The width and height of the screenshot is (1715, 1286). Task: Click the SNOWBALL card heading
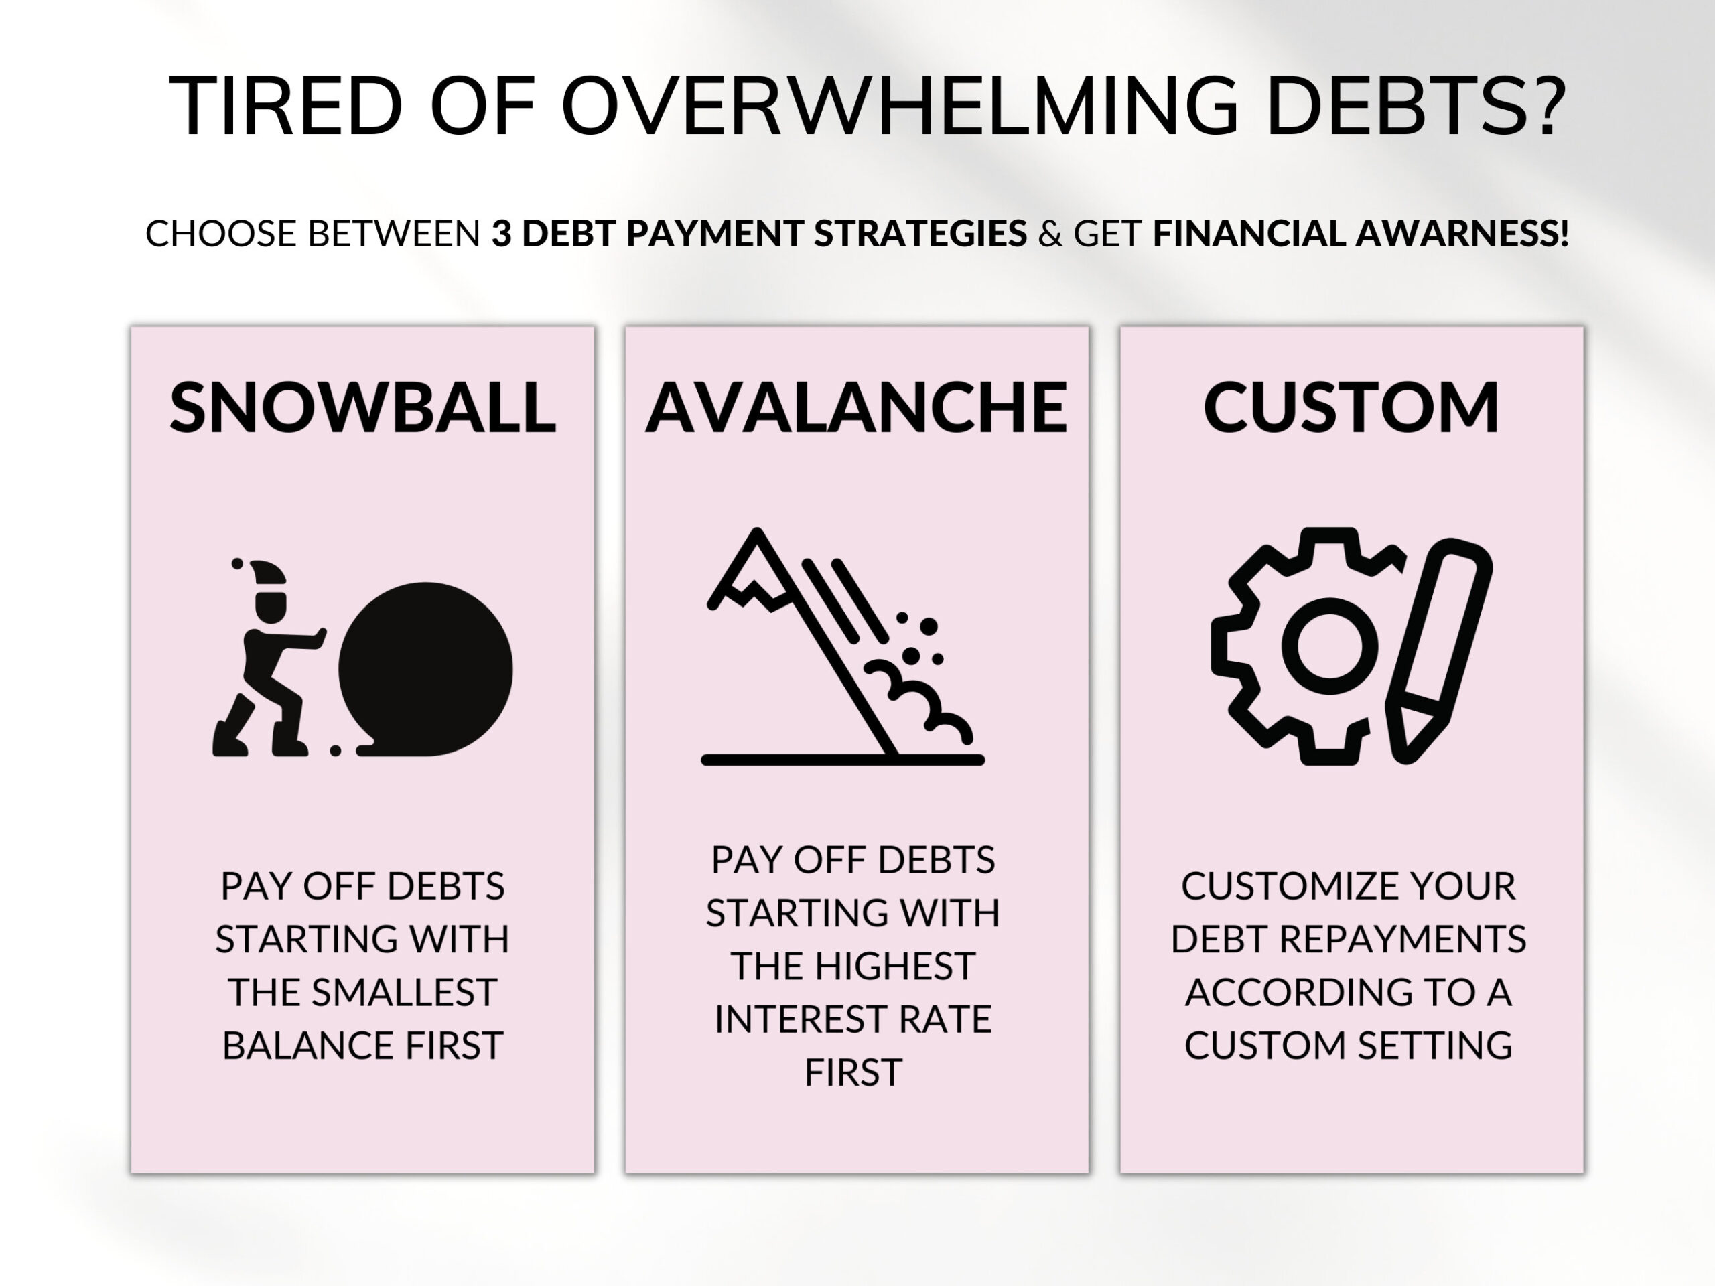[362, 408]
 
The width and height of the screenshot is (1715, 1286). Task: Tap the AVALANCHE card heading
[856, 408]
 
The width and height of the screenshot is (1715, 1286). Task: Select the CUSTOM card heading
[1351, 408]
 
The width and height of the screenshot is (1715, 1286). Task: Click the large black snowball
[425, 669]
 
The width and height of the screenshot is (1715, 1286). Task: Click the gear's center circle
[1330, 646]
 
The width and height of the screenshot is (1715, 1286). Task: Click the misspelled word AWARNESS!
[1462, 233]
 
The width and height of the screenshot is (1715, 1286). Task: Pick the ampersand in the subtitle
[1050, 233]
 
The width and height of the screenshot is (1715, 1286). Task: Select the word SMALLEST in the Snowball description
[404, 992]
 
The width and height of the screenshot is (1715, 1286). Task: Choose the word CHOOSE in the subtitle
[221, 233]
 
